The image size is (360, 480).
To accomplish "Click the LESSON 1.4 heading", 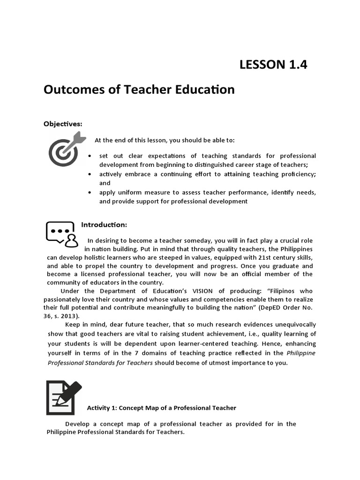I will pyautogui.click(x=273, y=65).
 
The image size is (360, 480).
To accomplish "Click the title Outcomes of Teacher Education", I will pyautogui.click(x=139, y=89).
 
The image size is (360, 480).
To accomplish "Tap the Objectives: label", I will pyautogui.click(x=63, y=124).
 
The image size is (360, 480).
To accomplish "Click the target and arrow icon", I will pyautogui.click(x=67, y=149).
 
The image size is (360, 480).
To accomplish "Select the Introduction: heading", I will pyautogui.click(x=104, y=225).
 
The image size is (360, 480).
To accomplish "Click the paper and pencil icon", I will pyautogui.click(x=64, y=397).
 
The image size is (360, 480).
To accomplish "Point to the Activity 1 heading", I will pyautogui.click(x=161, y=408).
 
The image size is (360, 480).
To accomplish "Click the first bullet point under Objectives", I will pyautogui.click(x=90, y=156).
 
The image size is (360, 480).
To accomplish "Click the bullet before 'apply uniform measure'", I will pyautogui.click(x=90, y=193).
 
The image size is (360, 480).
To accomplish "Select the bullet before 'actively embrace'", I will pyautogui.click(x=90, y=174).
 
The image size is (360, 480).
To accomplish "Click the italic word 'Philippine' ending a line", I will pyautogui.click(x=301, y=353).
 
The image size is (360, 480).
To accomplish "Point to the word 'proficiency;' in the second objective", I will pyautogui.click(x=297, y=174).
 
